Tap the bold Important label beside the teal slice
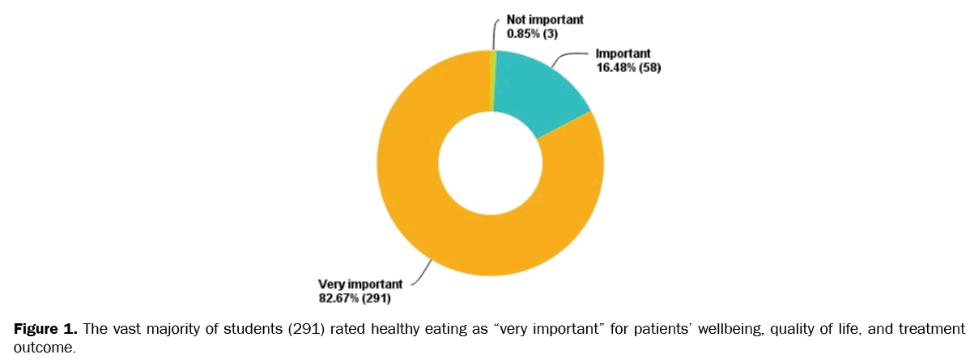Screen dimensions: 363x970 (619, 54)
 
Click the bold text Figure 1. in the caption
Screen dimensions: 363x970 (45, 329)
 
